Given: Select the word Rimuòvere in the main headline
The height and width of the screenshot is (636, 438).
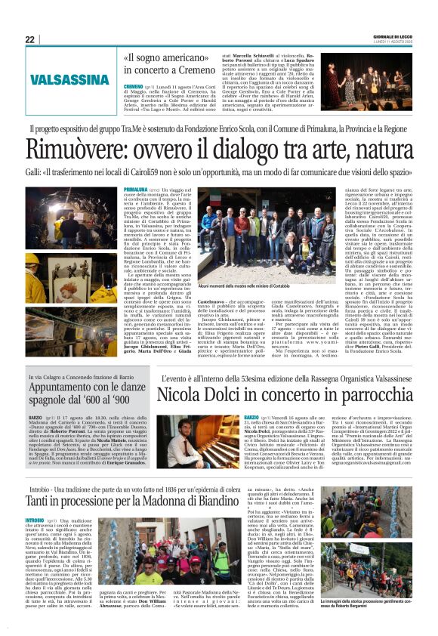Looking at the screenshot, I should (76, 149).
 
